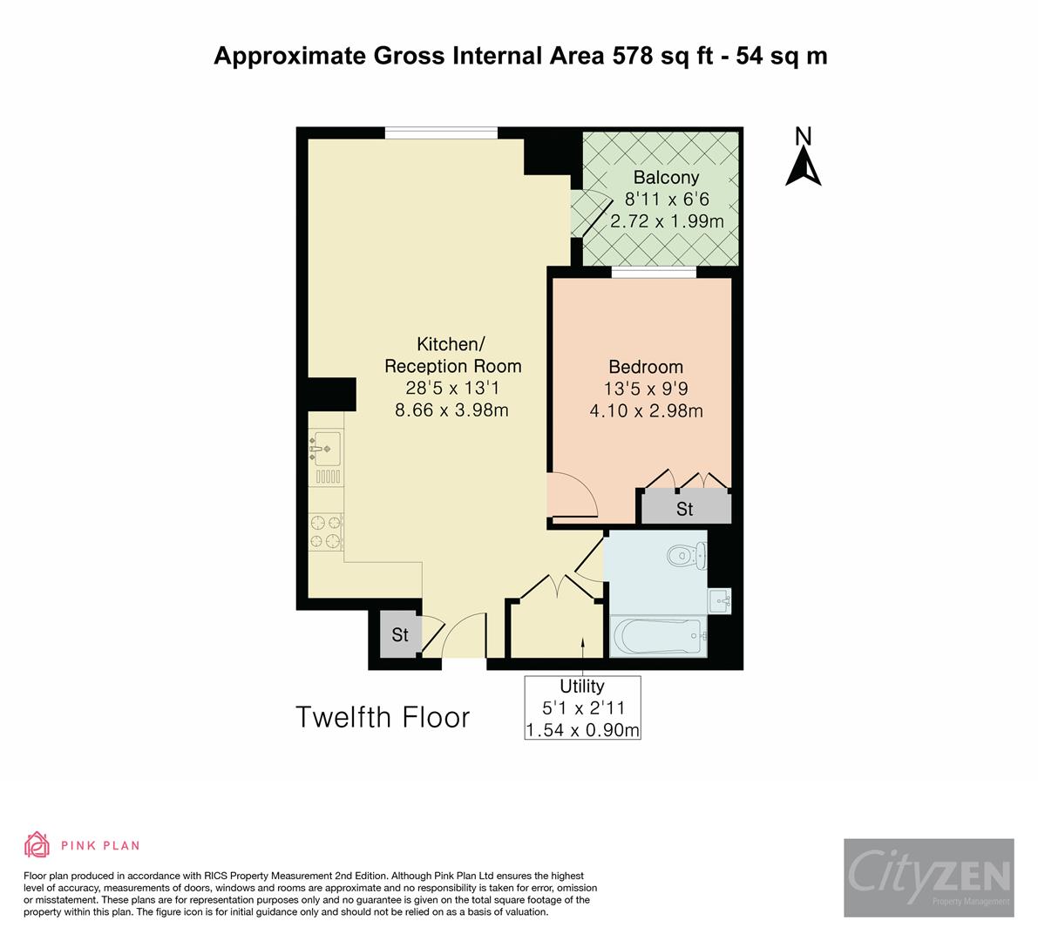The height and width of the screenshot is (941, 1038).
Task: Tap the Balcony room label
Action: pos(666,178)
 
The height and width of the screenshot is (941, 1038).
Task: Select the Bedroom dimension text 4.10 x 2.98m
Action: pos(646,411)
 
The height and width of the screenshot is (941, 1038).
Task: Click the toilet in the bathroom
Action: pos(687,553)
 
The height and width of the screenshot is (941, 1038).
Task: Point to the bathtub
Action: pos(655,635)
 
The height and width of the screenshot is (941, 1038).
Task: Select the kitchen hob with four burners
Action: pos(326,531)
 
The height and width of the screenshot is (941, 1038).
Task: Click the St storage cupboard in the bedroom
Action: pos(684,508)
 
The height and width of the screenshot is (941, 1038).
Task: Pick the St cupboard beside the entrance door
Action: pos(399,635)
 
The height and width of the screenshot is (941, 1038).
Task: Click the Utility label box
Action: pos(582,707)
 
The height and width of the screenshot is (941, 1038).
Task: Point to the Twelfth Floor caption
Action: pos(383,717)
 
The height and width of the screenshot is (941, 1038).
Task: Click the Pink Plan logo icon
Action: pos(37,844)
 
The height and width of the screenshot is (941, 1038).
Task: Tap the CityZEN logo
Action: pos(928,877)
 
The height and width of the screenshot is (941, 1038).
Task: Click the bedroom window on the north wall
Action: pos(654,273)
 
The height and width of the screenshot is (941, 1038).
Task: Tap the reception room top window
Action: pos(441,132)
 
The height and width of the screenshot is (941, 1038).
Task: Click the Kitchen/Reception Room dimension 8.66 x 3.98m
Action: pos(451,410)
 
